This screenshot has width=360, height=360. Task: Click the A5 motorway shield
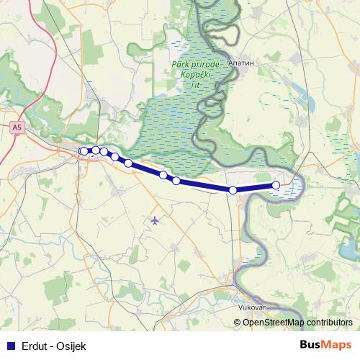(16, 127)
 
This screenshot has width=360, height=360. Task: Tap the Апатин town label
(240, 63)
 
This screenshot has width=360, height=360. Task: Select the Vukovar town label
(251, 307)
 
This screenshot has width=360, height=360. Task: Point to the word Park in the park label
(181, 64)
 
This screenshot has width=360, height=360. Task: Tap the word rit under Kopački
(194, 84)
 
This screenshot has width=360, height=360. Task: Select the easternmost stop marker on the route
(275, 185)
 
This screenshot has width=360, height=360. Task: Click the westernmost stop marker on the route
(84, 150)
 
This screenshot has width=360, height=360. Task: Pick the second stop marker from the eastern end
(233, 190)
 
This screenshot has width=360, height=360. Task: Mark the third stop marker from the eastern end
(176, 180)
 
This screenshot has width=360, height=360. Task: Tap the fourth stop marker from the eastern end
(163, 175)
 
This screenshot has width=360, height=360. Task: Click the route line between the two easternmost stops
(254, 188)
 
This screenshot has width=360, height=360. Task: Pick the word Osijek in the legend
(71, 346)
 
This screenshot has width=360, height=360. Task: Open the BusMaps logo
(326, 346)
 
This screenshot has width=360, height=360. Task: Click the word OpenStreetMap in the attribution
(273, 322)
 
